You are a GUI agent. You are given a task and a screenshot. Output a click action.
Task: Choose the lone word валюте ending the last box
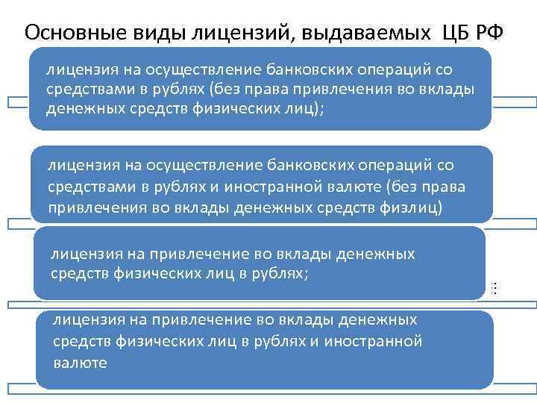81,363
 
